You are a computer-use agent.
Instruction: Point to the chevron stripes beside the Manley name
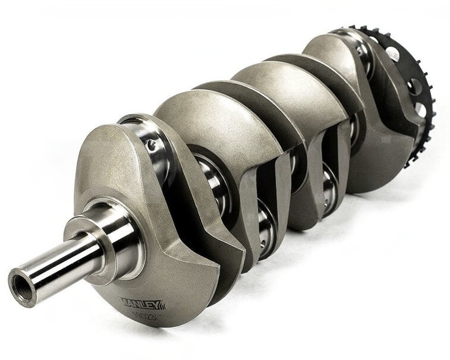point(161,305)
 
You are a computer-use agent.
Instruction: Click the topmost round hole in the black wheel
point(393,53)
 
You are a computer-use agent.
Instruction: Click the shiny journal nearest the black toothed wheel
point(363,56)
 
